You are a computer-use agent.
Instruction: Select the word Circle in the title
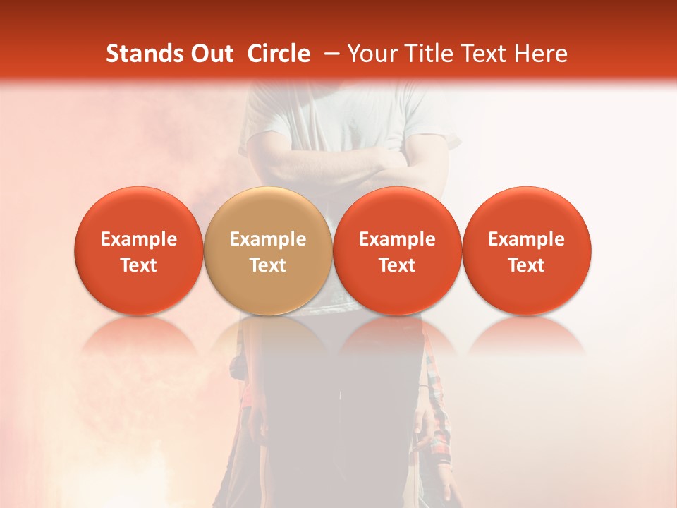tap(279, 54)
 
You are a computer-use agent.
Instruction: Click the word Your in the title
tap(371, 54)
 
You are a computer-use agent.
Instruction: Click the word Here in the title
tap(542, 54)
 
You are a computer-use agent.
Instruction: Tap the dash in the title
tap(329, 54)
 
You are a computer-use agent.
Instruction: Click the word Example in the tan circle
tap(268, 239)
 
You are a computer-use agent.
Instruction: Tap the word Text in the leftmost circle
tap(138, 265)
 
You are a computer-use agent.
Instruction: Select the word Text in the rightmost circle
tap(527, 265)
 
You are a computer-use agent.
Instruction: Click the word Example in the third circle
tap(397, 239)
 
